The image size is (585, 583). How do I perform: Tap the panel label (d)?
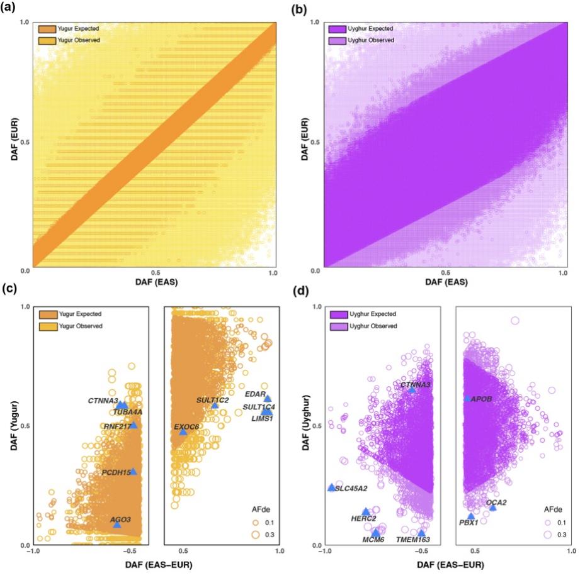(x=302, y=292)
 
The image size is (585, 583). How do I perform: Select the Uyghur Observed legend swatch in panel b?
(x=339, y=40)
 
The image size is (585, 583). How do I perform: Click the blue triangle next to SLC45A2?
(x=332, y=487)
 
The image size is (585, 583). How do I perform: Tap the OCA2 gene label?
(x=496, y=502)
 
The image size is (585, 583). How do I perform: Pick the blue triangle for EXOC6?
(x=183, y=431)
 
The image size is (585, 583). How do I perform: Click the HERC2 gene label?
(x=363, y=519)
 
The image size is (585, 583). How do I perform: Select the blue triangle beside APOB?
(x=467, y=399)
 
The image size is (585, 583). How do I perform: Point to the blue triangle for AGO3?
(x=116, y=524)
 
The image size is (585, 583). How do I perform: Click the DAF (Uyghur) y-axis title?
(x=302, y=425)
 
